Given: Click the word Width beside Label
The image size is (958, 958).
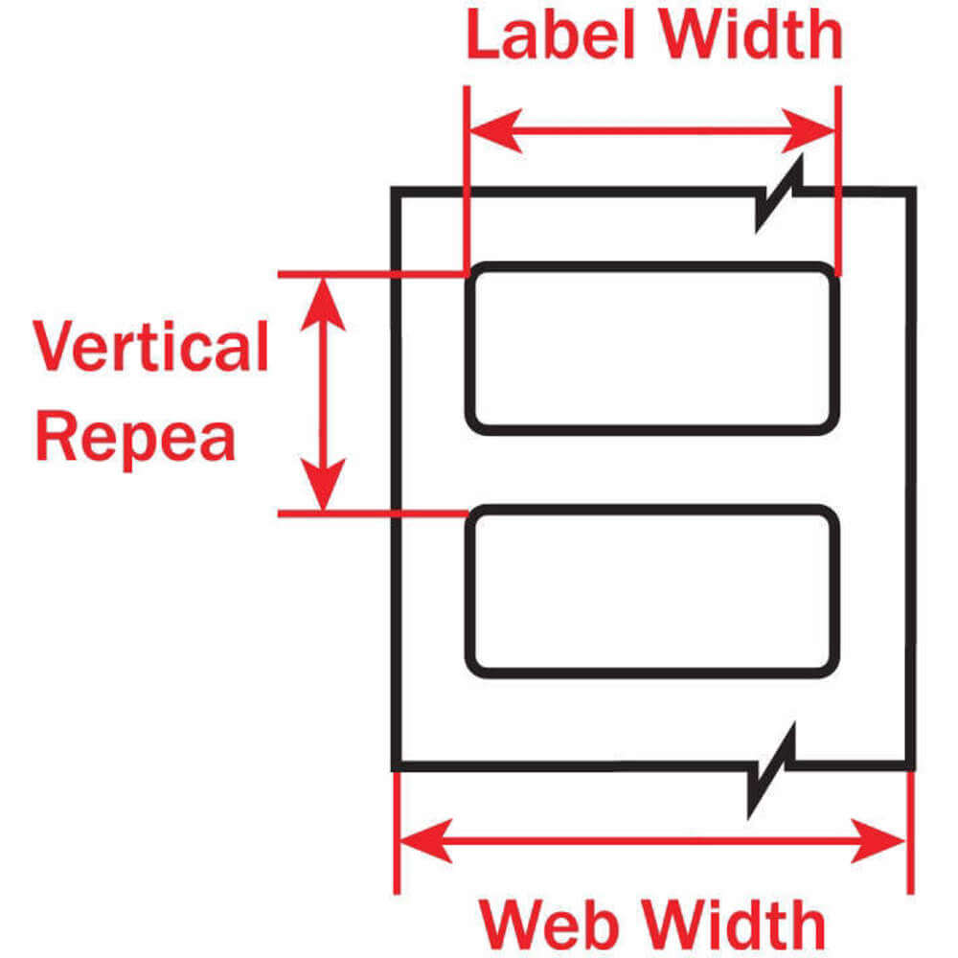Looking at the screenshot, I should [755, 36].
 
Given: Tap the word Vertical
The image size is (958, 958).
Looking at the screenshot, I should [151, 348].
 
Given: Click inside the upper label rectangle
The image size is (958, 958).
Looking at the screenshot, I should [651, 349].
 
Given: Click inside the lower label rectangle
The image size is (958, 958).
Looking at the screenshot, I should [651, 590].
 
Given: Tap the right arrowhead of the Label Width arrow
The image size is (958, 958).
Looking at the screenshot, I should [814, 132].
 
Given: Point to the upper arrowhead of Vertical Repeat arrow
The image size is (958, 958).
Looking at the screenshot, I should [324, 297].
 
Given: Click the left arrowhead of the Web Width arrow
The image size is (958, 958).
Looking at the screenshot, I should [422, 840].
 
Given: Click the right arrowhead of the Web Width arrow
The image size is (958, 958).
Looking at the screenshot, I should [881, 840].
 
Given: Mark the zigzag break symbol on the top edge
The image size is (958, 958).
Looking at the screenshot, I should [779, 196].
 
